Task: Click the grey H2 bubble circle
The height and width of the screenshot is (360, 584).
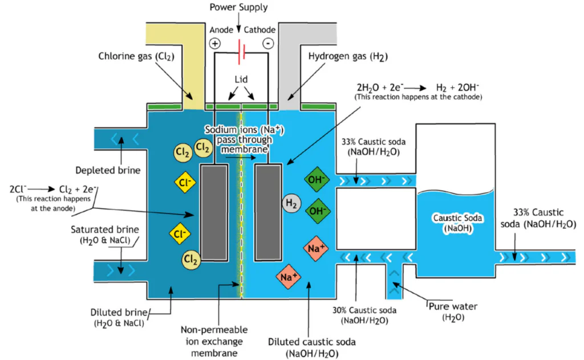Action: coord(290,202)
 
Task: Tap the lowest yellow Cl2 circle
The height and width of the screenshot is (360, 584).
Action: coord(190,260)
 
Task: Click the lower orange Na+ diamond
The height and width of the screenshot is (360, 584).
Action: coord(289,277)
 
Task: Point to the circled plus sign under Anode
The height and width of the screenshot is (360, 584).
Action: coord(214,43)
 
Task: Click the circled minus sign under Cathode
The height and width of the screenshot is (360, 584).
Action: coord(268,43)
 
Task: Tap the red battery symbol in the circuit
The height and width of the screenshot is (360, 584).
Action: coord(242,52)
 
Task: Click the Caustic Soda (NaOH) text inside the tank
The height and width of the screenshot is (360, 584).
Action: coord(458,223)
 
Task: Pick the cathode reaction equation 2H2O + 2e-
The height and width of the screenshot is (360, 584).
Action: coord(417,88)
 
